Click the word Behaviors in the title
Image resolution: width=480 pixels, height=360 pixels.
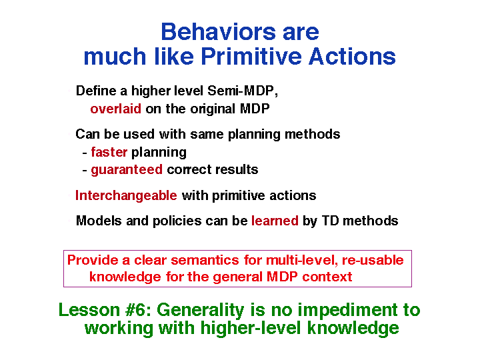(218, 32)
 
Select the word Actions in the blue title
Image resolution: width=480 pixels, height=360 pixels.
(352, 57)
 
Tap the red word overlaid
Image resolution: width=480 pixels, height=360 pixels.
(116, 109)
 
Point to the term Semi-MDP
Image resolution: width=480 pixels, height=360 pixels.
(243, 91)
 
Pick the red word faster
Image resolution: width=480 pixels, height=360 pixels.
(109, 152)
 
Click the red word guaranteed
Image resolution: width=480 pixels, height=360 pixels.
(127, 170)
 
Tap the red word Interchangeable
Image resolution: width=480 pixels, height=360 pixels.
(126, 195)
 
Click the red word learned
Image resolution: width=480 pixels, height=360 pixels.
(275, 221)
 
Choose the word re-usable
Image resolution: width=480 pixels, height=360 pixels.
(373, 260)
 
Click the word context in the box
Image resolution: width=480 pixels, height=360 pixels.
(327, 277)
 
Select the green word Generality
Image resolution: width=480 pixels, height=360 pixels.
(201, 311)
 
